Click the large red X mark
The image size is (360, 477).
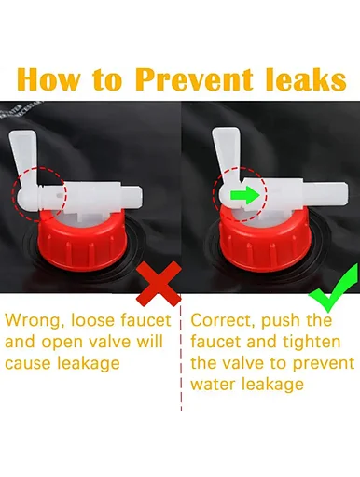pyautogui.click(x=159, y=283)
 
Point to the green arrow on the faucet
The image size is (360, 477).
pyautogui.click(x=244, y=195)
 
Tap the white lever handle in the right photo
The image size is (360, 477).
pyautogui.click(x=226, y=155)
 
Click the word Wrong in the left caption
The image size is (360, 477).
pyautogui.click(x=33, y=321)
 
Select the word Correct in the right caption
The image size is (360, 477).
pyautogui.click(x=223, y=320)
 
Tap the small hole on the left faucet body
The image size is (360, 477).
pyautogui.click(x=59, y=196)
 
